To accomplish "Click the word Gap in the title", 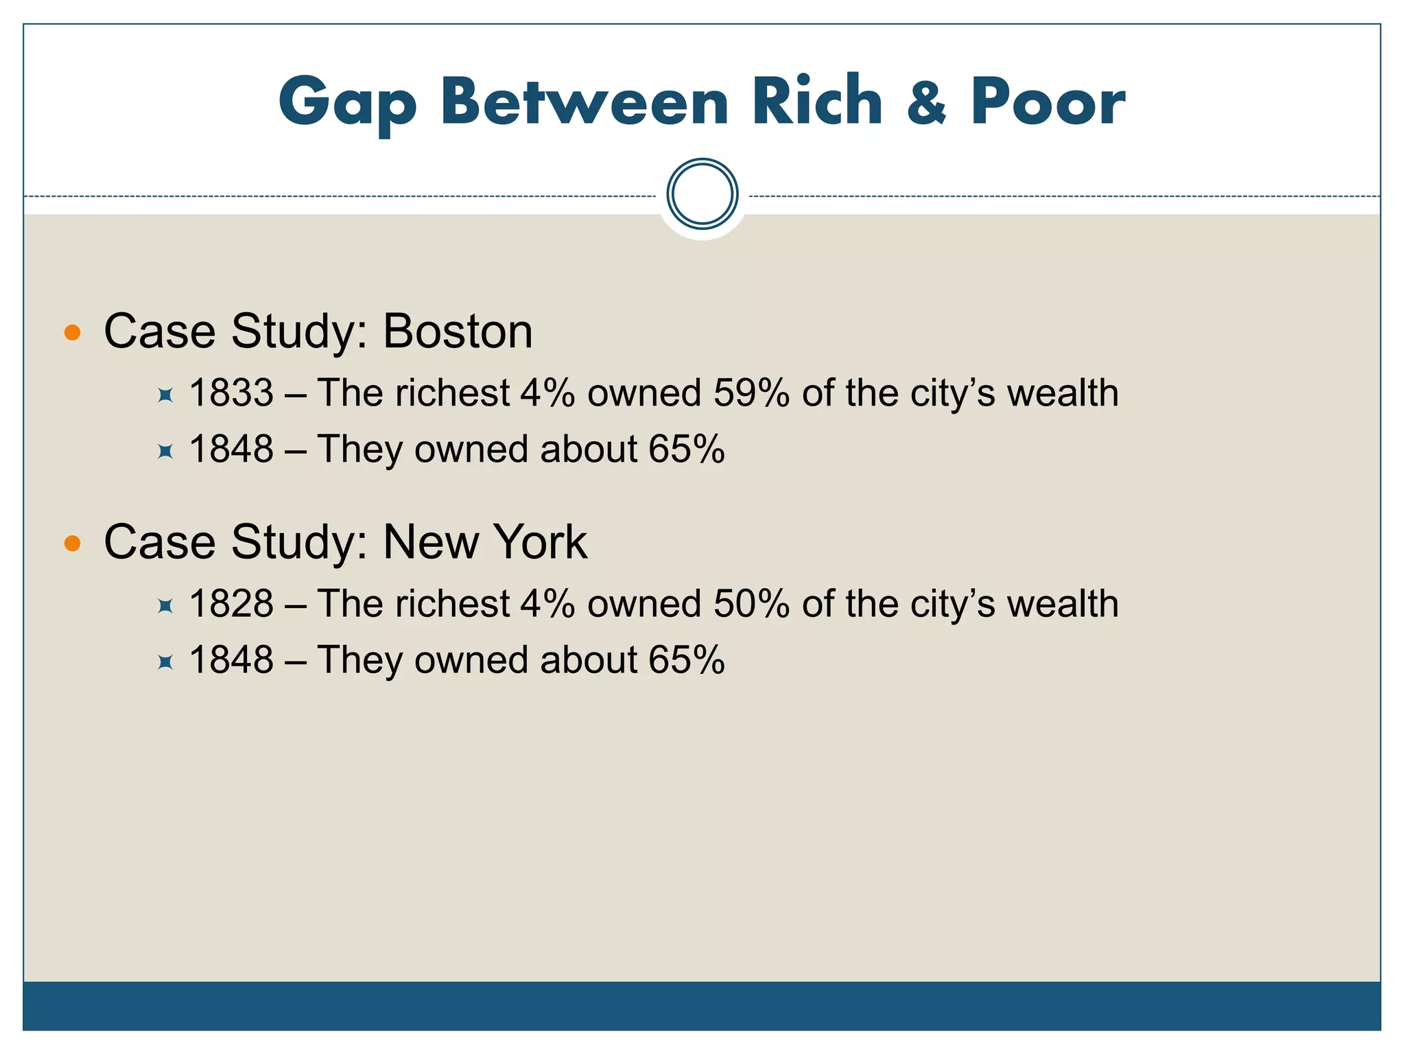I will pos(348,103).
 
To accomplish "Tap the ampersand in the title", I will pos(927,103).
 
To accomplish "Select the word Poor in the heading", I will pos(1048,103).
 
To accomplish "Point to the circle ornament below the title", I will pos(702,194).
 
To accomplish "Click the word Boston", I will pos(457,331).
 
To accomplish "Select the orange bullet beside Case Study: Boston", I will pos(72,333).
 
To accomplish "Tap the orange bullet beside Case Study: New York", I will pos(72,544).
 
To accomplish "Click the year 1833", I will pos(231,393).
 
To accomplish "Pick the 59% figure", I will pos(751,393).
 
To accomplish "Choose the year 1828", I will pos(231,604).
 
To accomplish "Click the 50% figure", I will pos(751,604).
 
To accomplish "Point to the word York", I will pos(540,542).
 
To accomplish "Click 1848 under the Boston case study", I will pos(231,449).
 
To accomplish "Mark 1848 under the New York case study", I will pos(231,660).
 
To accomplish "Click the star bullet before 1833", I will pos(165,395).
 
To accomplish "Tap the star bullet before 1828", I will pos(165,606).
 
